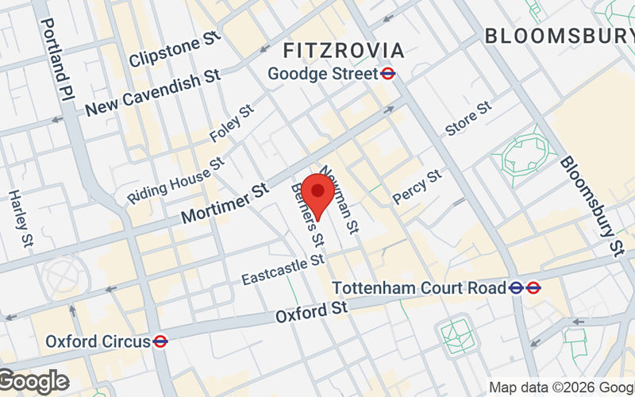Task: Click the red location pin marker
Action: (318, 191)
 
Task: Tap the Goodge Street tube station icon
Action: (388, 74)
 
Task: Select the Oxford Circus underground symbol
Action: (160, 341)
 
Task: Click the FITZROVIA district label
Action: (344, 51)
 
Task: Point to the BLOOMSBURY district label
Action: (559, 36)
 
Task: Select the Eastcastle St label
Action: (283, 269)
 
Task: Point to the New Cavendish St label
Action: (152, 93)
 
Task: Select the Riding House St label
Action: (175, 180)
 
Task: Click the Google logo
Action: (33, 382)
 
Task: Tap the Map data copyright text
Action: (560, 387)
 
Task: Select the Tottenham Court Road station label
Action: (420, 287)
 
